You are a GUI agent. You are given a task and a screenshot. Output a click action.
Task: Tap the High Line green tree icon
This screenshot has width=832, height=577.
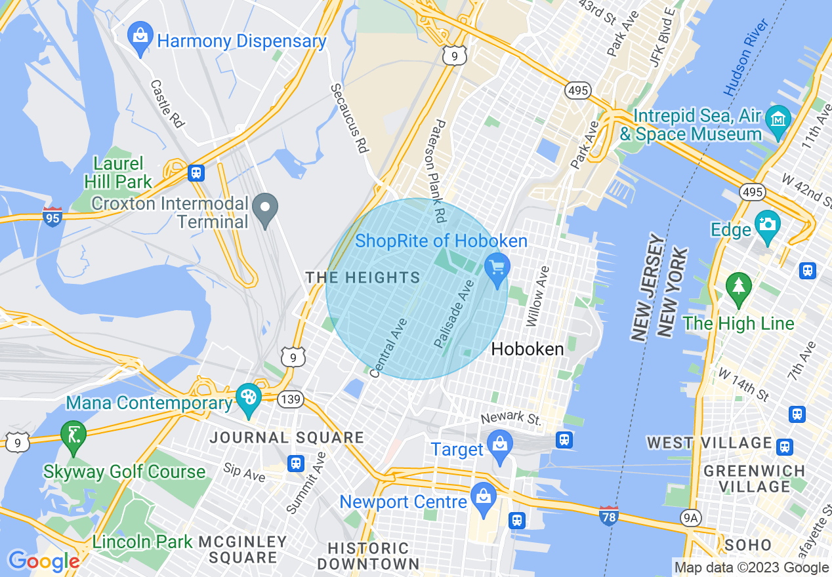pos(739,287)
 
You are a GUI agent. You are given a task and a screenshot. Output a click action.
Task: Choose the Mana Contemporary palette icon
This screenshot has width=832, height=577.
pos(249,397)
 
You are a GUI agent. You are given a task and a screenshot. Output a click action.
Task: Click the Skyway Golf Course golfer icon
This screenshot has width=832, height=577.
pos(72,434)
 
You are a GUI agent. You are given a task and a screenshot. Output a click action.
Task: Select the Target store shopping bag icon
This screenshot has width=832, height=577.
pos(499,444)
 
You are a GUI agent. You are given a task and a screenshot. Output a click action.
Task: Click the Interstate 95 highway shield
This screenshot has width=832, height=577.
pos(53,216)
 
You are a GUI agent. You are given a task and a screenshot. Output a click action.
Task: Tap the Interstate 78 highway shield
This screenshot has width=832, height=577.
pos(608,515)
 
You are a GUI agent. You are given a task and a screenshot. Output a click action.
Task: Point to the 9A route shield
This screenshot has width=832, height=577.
pos(691,519)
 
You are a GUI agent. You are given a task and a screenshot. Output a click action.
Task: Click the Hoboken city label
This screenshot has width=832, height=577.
pos(527,349)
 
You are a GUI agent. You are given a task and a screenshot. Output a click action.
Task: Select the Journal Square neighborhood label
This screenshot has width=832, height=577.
pos(287,437)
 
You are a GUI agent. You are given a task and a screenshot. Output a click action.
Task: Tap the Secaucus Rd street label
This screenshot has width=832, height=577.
pos(349,118)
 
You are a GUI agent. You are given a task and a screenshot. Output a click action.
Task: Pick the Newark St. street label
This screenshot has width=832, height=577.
pos(512,418)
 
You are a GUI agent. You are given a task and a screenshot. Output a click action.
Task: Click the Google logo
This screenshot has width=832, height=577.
pos(43,561)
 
